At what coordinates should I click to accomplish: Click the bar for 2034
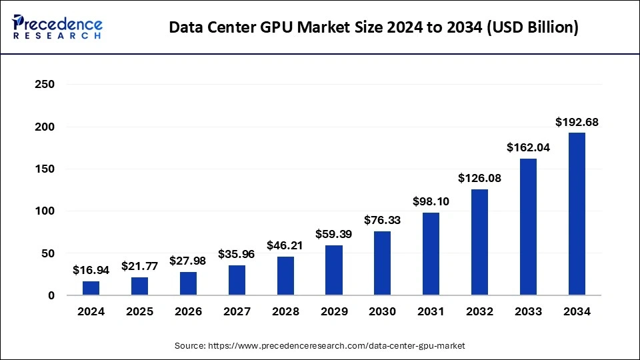pos(577,214)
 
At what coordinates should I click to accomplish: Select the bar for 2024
pos(91,288)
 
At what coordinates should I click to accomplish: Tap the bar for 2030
pos(382,263)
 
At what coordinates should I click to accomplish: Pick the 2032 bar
pos(479,243)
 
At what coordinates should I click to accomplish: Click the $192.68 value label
pos(577,122)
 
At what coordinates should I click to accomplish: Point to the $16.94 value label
pos(91,271)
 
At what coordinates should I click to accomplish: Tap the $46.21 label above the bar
pos(285,245)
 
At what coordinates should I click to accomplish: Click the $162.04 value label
pos(528,148)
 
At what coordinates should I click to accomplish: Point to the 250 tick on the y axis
pos(45,85)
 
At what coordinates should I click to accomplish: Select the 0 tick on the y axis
pos(51,295)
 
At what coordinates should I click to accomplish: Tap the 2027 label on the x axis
pos(237,311)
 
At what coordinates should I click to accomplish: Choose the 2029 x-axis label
pos(333,311)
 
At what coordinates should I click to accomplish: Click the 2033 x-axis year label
pos(528,311)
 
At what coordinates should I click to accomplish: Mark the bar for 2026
pos(188,283)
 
